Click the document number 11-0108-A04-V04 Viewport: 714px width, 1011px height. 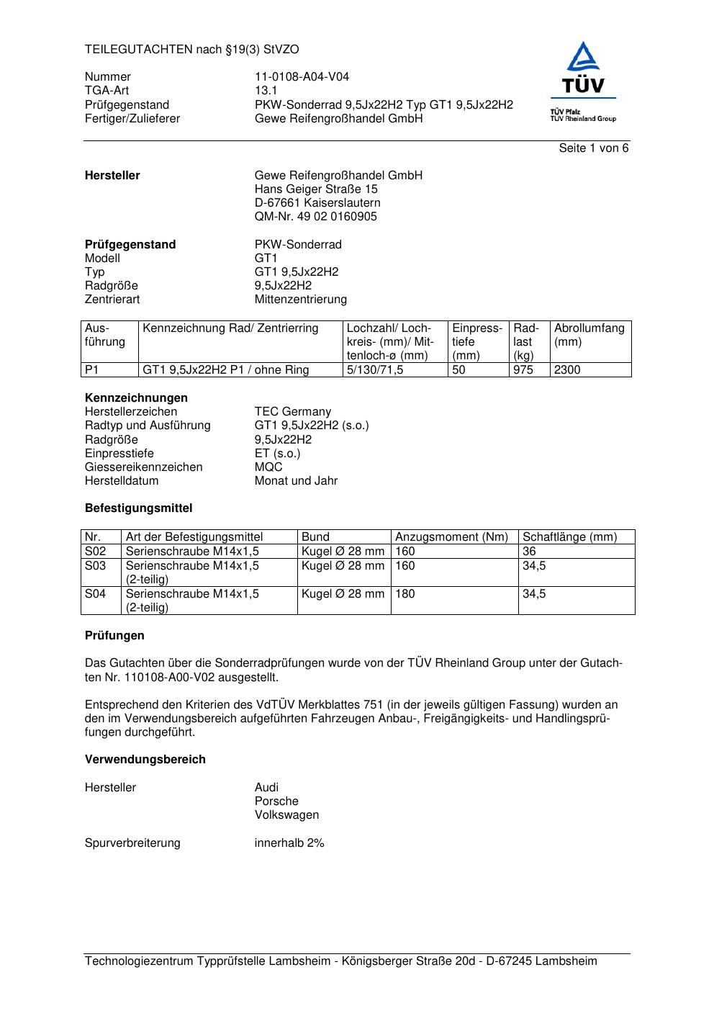(302, 77)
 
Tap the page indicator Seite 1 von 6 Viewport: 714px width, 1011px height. (593, 148)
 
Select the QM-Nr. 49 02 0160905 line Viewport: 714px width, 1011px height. (315, 217)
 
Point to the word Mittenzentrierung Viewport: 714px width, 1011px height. (300, 300)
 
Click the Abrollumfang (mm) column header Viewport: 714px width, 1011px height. (589, 335)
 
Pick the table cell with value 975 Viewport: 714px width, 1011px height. (523, 370)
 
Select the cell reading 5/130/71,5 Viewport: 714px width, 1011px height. (375, 370)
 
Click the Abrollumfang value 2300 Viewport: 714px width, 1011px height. (567, 370)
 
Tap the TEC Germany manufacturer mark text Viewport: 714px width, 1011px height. (292, 412)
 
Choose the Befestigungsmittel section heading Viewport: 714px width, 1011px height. (138, 508)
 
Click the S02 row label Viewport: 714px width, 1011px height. (95, 552)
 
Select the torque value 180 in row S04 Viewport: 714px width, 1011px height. (405, 594)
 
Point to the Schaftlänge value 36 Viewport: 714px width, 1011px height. (530, 552)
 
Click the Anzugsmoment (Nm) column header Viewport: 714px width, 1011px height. (451, 537)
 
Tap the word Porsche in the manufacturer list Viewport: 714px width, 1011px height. (276, 801)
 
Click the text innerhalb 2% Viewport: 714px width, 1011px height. (289, 843)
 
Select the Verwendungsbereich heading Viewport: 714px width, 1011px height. (145, 760)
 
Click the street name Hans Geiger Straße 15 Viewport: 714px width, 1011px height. (316, 189)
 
